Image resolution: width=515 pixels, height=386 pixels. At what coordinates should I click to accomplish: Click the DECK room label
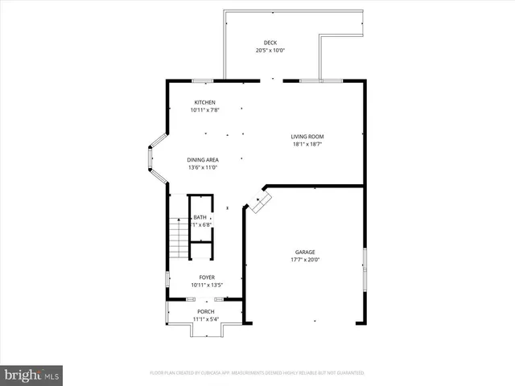click(270, 43)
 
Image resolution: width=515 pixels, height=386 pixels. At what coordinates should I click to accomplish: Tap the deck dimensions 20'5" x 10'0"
click(270, 51)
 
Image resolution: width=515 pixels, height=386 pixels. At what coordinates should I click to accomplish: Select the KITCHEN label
click(204, 102)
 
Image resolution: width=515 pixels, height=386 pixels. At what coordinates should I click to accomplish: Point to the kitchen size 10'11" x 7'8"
click(204, 110)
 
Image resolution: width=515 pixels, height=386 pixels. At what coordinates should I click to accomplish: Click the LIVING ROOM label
click(307, 137)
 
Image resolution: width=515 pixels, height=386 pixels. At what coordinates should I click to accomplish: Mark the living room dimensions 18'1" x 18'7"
click(307, 145)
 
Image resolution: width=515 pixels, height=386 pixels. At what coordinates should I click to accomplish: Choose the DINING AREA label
click(203, 159)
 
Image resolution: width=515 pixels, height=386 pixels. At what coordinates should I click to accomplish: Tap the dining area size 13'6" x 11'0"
click(203, 167)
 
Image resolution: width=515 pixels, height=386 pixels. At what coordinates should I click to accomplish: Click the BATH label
click(200, 217)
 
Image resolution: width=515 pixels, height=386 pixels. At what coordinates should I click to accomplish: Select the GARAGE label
click(305, 252)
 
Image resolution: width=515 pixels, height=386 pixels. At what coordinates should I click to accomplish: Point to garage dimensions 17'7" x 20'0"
click(305, 260)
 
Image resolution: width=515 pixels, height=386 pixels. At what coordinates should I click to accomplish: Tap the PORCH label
click(206, 311)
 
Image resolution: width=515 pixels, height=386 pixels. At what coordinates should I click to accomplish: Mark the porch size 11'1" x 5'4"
click(206, 319)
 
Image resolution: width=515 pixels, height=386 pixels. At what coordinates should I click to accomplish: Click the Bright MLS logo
click(32, 374)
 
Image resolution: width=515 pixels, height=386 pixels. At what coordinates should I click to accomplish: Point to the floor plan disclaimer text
click(257, 373)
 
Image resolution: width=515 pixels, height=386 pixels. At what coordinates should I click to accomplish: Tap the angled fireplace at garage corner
click(258, 202)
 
